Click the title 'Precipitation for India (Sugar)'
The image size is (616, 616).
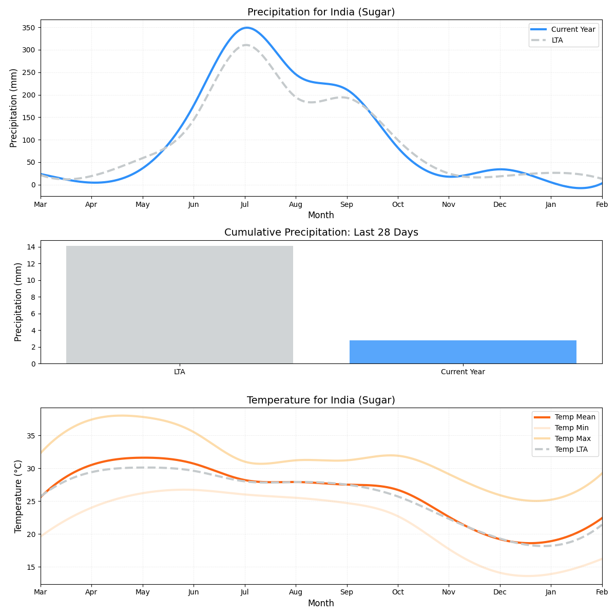[x=321, y=12]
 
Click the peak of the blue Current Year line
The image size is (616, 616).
[x=247, y=28]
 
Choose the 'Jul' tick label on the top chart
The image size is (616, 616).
[x=245, y=205]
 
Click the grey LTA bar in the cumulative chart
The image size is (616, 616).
[x=179, y=305]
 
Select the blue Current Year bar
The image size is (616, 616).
[x=463, y=352]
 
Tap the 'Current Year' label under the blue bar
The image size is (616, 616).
[x=463, y=372]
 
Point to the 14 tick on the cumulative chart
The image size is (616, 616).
[x=32, y=247]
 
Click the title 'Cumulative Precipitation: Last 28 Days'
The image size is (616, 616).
[x=321, y=233]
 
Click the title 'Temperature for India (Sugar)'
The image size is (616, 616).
[x=321, y=400]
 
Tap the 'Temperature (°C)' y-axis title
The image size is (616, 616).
[x=18, y=496]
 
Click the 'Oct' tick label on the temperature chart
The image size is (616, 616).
[x=398, y=592]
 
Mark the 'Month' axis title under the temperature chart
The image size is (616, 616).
[x=321, y=604]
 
